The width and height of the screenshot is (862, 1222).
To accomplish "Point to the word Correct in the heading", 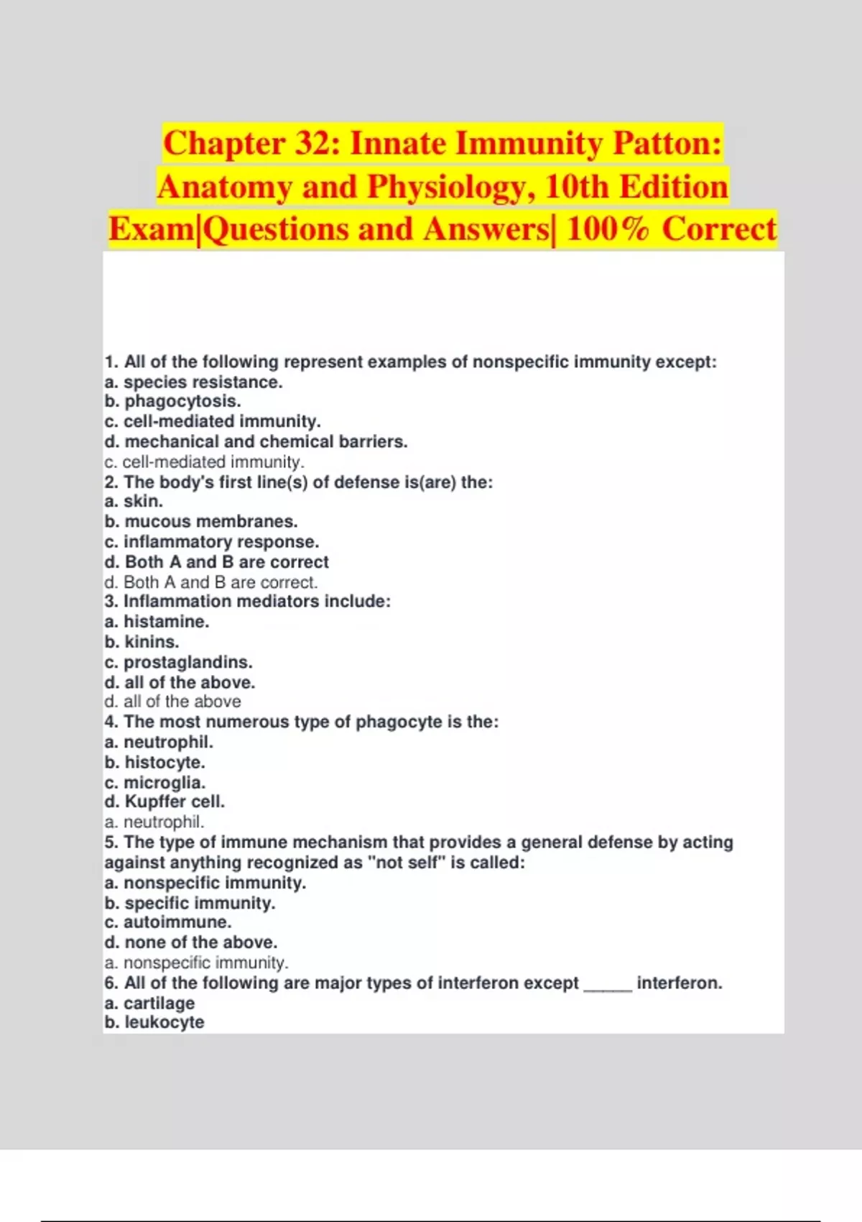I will coord(718,229).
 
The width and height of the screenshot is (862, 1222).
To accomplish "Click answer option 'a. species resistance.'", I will coord(193,382).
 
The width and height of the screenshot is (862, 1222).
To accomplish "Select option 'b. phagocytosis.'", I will coord(172,401).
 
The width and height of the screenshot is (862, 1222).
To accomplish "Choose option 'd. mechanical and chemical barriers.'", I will coord(256,441).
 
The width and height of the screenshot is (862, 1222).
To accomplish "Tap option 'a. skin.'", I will coord(134,501).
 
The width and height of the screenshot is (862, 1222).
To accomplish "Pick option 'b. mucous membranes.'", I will coord(200,521).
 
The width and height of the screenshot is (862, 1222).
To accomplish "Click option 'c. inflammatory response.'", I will coord(211,541).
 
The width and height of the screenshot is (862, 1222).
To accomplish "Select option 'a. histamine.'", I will coord(157,621).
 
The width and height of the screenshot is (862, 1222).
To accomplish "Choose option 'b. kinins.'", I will coord(142,641).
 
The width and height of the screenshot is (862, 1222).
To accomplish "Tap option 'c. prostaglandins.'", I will coord(178,662).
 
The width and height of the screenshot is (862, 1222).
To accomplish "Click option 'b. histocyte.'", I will coord(154,762).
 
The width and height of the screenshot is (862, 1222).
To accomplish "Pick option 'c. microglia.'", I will coord(154,782).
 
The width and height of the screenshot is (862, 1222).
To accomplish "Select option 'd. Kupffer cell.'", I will coord(164,801).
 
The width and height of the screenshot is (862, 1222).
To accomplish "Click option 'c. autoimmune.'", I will coord(167,922).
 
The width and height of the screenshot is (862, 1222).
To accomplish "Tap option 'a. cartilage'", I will coord(149,1003).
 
